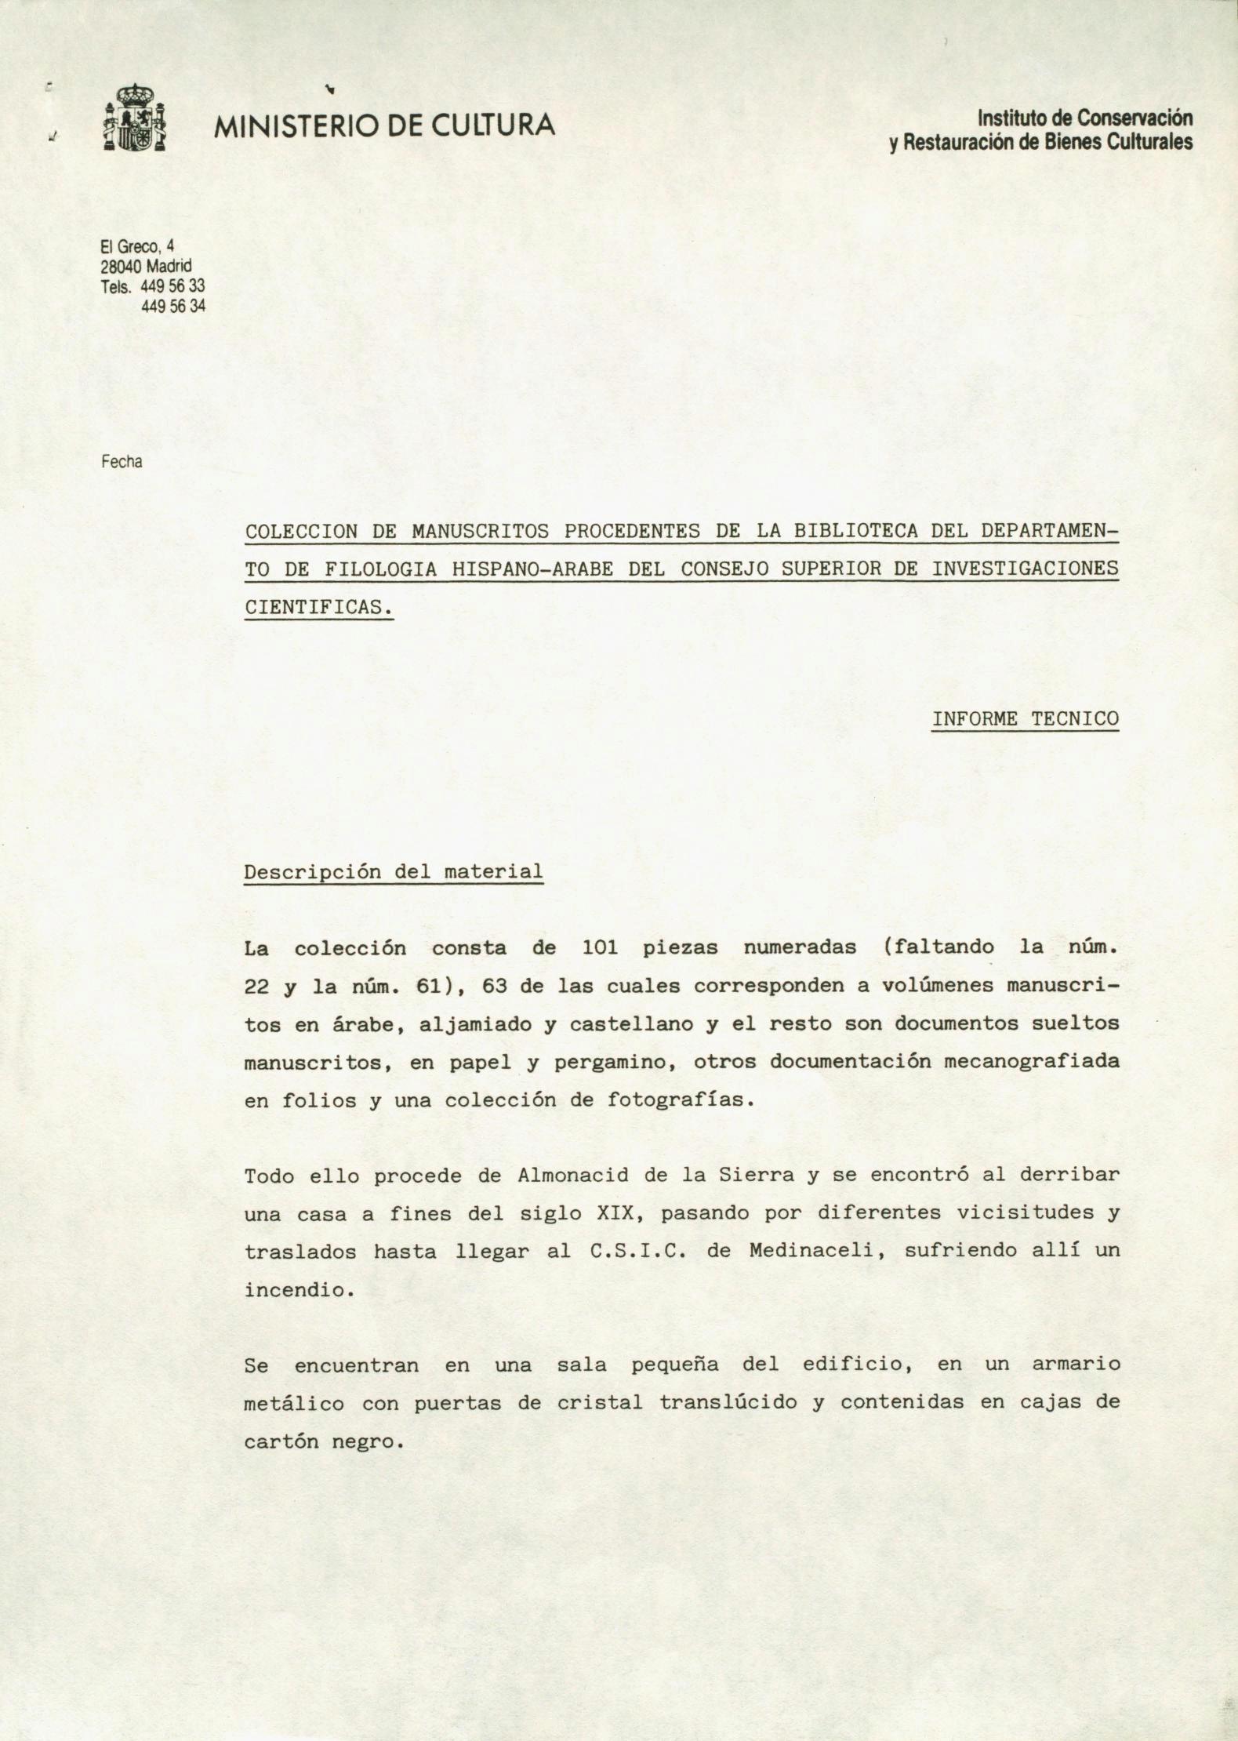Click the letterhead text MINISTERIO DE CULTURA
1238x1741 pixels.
385,125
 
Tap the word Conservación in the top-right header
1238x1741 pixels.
1134,118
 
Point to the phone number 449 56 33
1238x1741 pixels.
172,286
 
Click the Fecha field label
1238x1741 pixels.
122,462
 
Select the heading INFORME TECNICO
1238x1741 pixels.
1025,718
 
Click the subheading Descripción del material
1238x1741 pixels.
394,871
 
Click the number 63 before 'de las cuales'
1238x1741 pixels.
496,986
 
